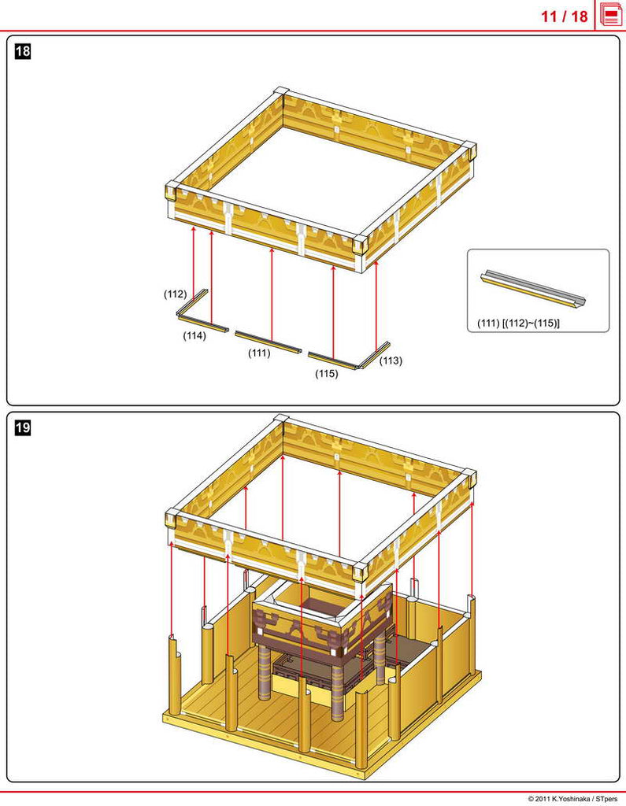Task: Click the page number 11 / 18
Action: pyautogui.click(x=564, y=16)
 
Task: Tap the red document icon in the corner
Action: pyautogui.click(x=610, y=15)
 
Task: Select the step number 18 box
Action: pyautogui.click(x=23, y=51)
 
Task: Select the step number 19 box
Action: pyautogui.click(x=23, y=427)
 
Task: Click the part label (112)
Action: pyautogui.click(x=176, y=294)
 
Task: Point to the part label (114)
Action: pyautogui.click(x=194, y=335)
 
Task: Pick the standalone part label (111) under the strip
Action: pyautogui.click(x=259, y=353)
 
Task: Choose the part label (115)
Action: pyautogui.click(x=327, y=374)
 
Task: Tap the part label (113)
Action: pyautogui.click(x=391, y=360)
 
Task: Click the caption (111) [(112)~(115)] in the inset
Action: pyautogui.click(x=518, y=324)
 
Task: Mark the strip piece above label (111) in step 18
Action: pyautogui.click(x=268, y=342)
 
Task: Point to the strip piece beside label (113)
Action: pyautogui.click(x=375, y=354)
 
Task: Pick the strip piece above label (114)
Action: pyautogui.click(x=203, y=324)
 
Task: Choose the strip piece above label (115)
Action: pyautogui.click(x=333, y=360)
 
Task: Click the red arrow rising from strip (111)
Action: pyautogui.click(x=272, y=294)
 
